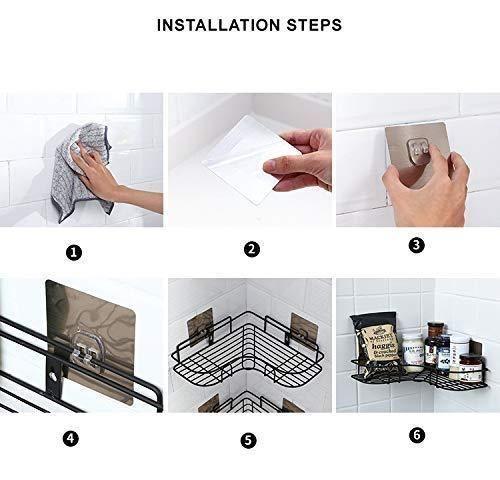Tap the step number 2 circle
coord(251,249)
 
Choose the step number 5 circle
coord(249,438)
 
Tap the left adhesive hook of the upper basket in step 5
coord(201,321)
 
